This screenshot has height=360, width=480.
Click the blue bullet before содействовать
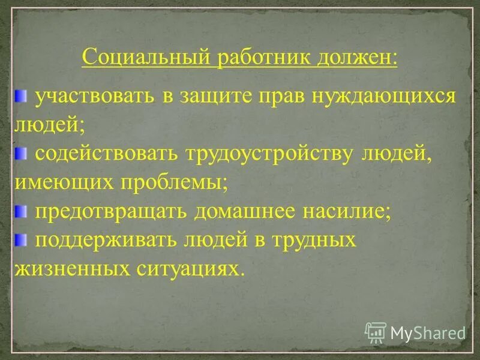21,153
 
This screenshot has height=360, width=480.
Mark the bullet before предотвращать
21,210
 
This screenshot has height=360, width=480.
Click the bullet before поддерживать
21,239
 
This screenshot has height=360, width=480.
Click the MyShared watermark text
428,332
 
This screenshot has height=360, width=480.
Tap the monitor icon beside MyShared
376,332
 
